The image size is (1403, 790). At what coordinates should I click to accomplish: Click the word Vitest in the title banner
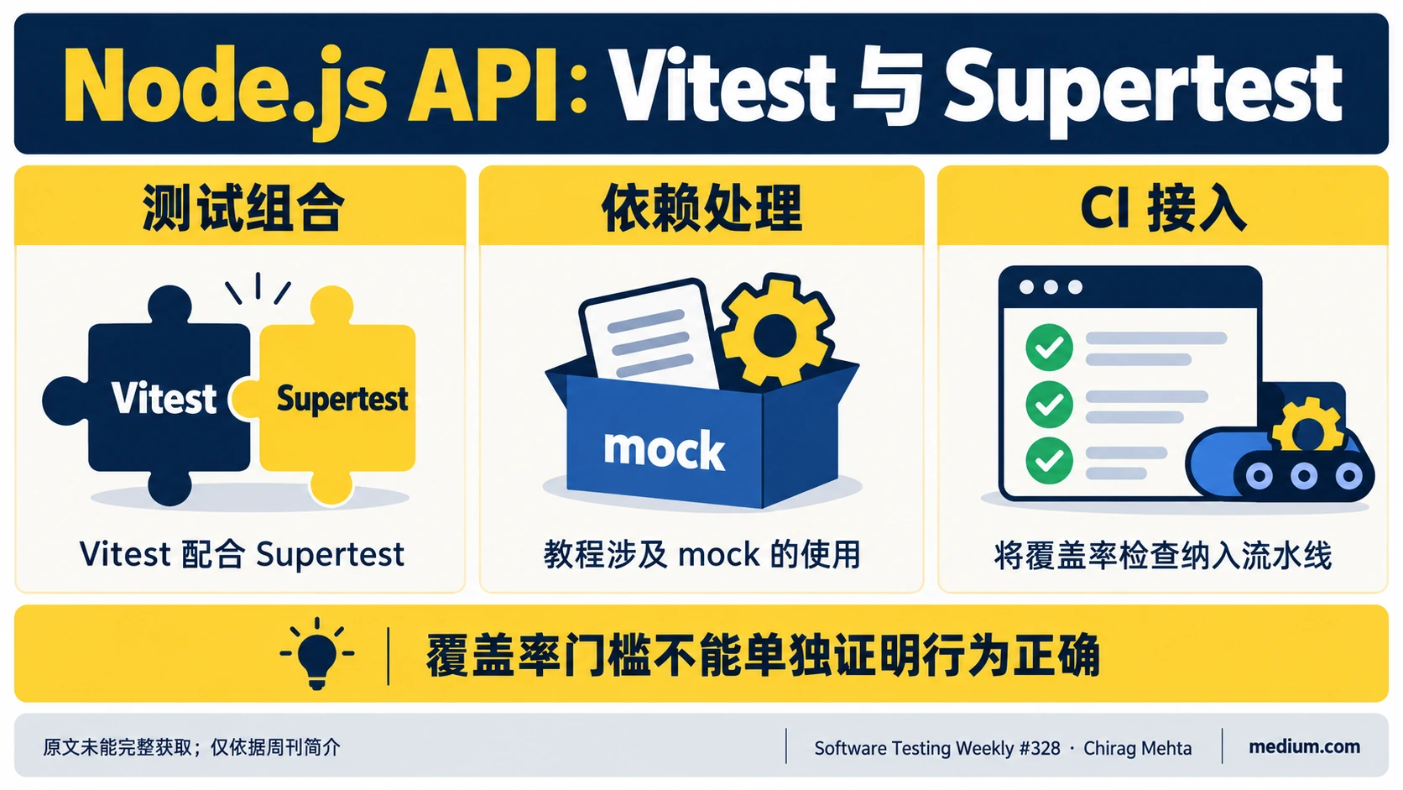(x=722, y=87)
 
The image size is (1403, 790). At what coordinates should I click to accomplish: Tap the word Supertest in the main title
(x=1142, y=92)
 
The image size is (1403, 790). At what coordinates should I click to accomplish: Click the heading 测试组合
(x=243, y=207)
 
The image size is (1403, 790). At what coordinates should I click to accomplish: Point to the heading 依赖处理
(x=701, y=207)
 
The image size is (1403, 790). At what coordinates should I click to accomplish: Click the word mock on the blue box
(x=664, y=449)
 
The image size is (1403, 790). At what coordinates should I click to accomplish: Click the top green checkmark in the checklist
(x=1049, y=347)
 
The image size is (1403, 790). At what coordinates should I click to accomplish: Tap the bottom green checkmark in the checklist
(x=1049, y=460)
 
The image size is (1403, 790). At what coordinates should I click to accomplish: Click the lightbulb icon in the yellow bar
(x=317, y=653)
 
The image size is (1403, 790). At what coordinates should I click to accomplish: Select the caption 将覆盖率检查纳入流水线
(x=1162, y=556)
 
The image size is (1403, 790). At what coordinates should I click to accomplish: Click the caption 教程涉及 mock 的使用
(x=701, y=554)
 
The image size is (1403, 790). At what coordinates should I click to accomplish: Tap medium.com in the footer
(x=1304, y=747)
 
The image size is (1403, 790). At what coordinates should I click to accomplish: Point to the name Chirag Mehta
(x=1138, y=748)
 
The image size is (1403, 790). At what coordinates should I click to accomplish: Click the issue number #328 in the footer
(x=1040, y=748)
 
